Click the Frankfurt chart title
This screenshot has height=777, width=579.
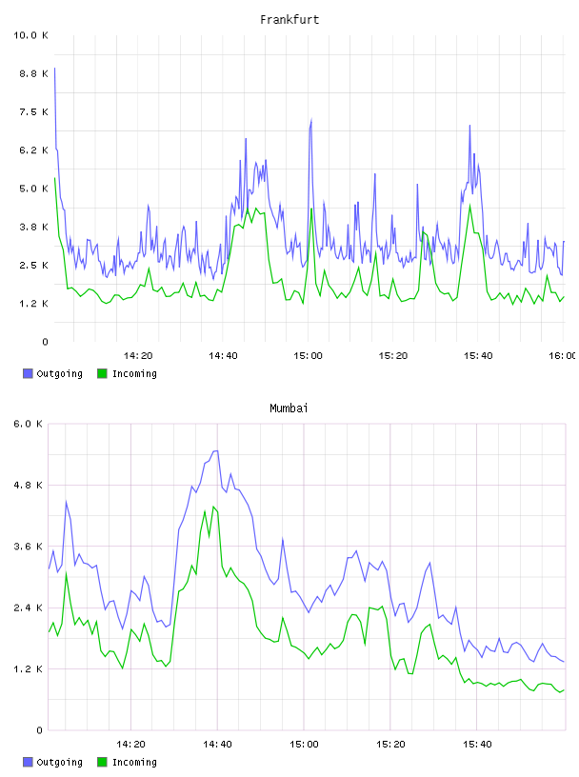[289, 20]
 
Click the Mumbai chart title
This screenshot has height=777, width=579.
[289, 408]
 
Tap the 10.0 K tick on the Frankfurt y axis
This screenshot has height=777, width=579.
[30, 35]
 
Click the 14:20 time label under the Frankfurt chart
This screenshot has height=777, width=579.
[138, 355]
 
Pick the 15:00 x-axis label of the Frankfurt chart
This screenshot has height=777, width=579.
[308, 355]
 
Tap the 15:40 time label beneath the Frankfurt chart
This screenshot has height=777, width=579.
[478, 355]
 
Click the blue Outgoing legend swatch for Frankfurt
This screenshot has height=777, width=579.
[28, 373]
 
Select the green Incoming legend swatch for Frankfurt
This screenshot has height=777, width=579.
[102, 373]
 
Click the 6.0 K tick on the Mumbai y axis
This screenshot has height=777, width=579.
[29, 424]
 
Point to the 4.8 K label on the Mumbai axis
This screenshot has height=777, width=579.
[29, 485]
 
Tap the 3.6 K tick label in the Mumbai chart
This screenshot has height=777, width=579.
[29, 547]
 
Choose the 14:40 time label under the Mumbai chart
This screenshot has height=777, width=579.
[217, 744]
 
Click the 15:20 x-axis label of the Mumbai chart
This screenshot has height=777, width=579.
[390, 744]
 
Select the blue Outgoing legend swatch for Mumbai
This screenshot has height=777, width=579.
[28, 762]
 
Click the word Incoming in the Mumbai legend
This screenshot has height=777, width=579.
[134, 763]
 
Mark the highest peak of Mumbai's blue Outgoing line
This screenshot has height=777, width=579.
[216, 451]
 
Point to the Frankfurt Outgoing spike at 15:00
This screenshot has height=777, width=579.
[311, 119]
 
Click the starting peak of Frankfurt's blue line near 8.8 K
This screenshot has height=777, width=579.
[54, 69]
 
